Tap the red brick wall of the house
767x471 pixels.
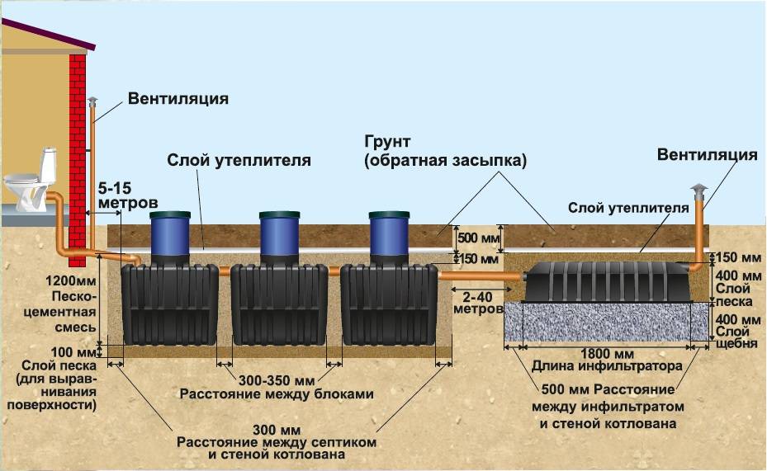[78, 160]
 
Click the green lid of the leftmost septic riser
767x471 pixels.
[170, 215]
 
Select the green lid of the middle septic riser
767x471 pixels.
[279, 215]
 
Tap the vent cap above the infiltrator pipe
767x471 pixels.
[699, 190]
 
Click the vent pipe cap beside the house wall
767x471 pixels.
[92, 101]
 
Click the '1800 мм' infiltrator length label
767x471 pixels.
[607, 353]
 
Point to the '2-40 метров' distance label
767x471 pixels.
[478, 303]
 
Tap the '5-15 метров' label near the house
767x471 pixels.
[127, 195]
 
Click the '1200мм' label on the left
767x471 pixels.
[72, 281]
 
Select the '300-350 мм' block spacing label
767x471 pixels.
[277, 380]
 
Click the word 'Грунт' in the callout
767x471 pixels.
[387, 142]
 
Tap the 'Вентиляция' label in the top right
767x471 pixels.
[708, 154]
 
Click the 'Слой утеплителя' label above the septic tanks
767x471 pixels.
[239, 160]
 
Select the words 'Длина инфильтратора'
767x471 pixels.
[607, 366]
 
